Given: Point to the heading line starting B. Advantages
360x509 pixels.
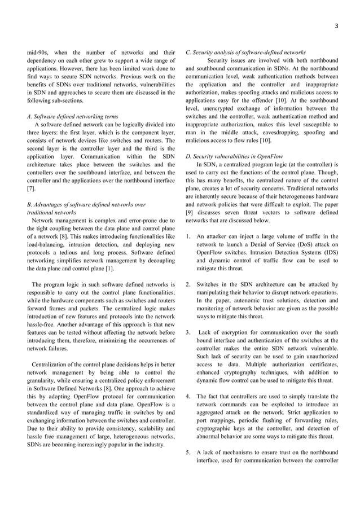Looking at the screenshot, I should point(86,204).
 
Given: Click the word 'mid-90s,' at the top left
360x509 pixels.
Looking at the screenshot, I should point(39,52).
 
